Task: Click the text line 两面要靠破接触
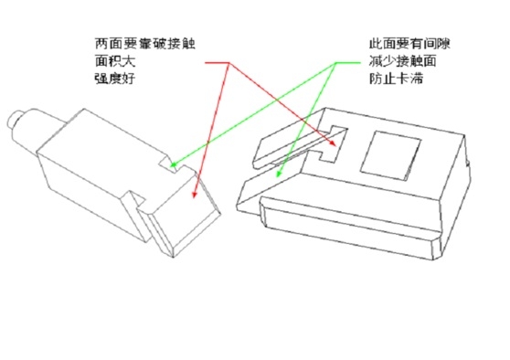144,44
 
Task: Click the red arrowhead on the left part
194,193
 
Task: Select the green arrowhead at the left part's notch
174,169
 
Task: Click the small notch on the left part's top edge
165,164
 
